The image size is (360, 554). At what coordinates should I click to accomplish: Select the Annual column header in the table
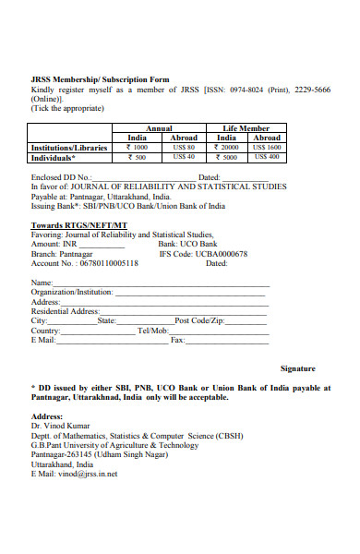[159, 128]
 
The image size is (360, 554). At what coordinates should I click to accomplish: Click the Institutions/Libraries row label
[67, 147]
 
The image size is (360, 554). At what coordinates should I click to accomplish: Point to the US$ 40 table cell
[184, 156]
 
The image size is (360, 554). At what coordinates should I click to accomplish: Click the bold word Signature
[297, 367]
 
